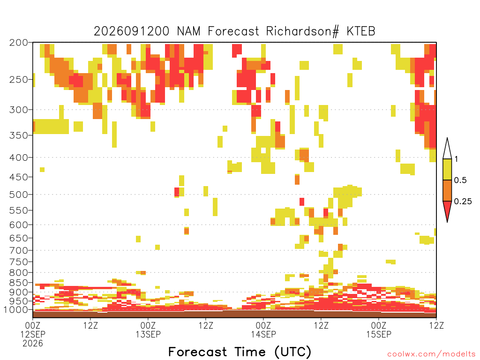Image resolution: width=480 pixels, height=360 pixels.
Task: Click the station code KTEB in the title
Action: (361, 31)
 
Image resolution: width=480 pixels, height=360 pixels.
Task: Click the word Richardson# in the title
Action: (302, 31)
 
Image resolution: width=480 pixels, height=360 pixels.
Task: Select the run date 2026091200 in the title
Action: (131, 31)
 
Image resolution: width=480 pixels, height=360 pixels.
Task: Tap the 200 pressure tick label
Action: (19, 43)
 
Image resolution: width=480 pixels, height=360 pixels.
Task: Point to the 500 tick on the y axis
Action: (19, 195)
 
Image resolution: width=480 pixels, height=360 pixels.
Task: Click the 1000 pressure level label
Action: (16, 310)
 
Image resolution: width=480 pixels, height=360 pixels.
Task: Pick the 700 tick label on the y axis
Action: (19, 250)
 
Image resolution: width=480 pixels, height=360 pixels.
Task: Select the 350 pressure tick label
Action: (19, 135)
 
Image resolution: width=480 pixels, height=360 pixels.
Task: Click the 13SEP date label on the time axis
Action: (148, 334)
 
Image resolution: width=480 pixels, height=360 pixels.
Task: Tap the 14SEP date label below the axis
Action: (263, 334)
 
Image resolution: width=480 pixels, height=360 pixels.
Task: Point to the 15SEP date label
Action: (379, 334)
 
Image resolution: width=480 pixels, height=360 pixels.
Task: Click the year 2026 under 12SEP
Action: (33, 344)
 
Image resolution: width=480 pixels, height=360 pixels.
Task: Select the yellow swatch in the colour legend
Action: (447, 169)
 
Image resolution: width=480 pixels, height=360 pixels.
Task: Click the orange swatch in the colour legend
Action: (447, 190)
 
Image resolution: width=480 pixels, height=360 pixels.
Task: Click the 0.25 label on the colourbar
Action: (463, 202)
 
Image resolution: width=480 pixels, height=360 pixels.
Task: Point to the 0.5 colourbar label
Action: (460, 180)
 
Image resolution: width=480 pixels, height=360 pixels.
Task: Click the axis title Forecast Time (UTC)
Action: (240, 352)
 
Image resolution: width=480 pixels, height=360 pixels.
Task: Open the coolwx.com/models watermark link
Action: (432, 354)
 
